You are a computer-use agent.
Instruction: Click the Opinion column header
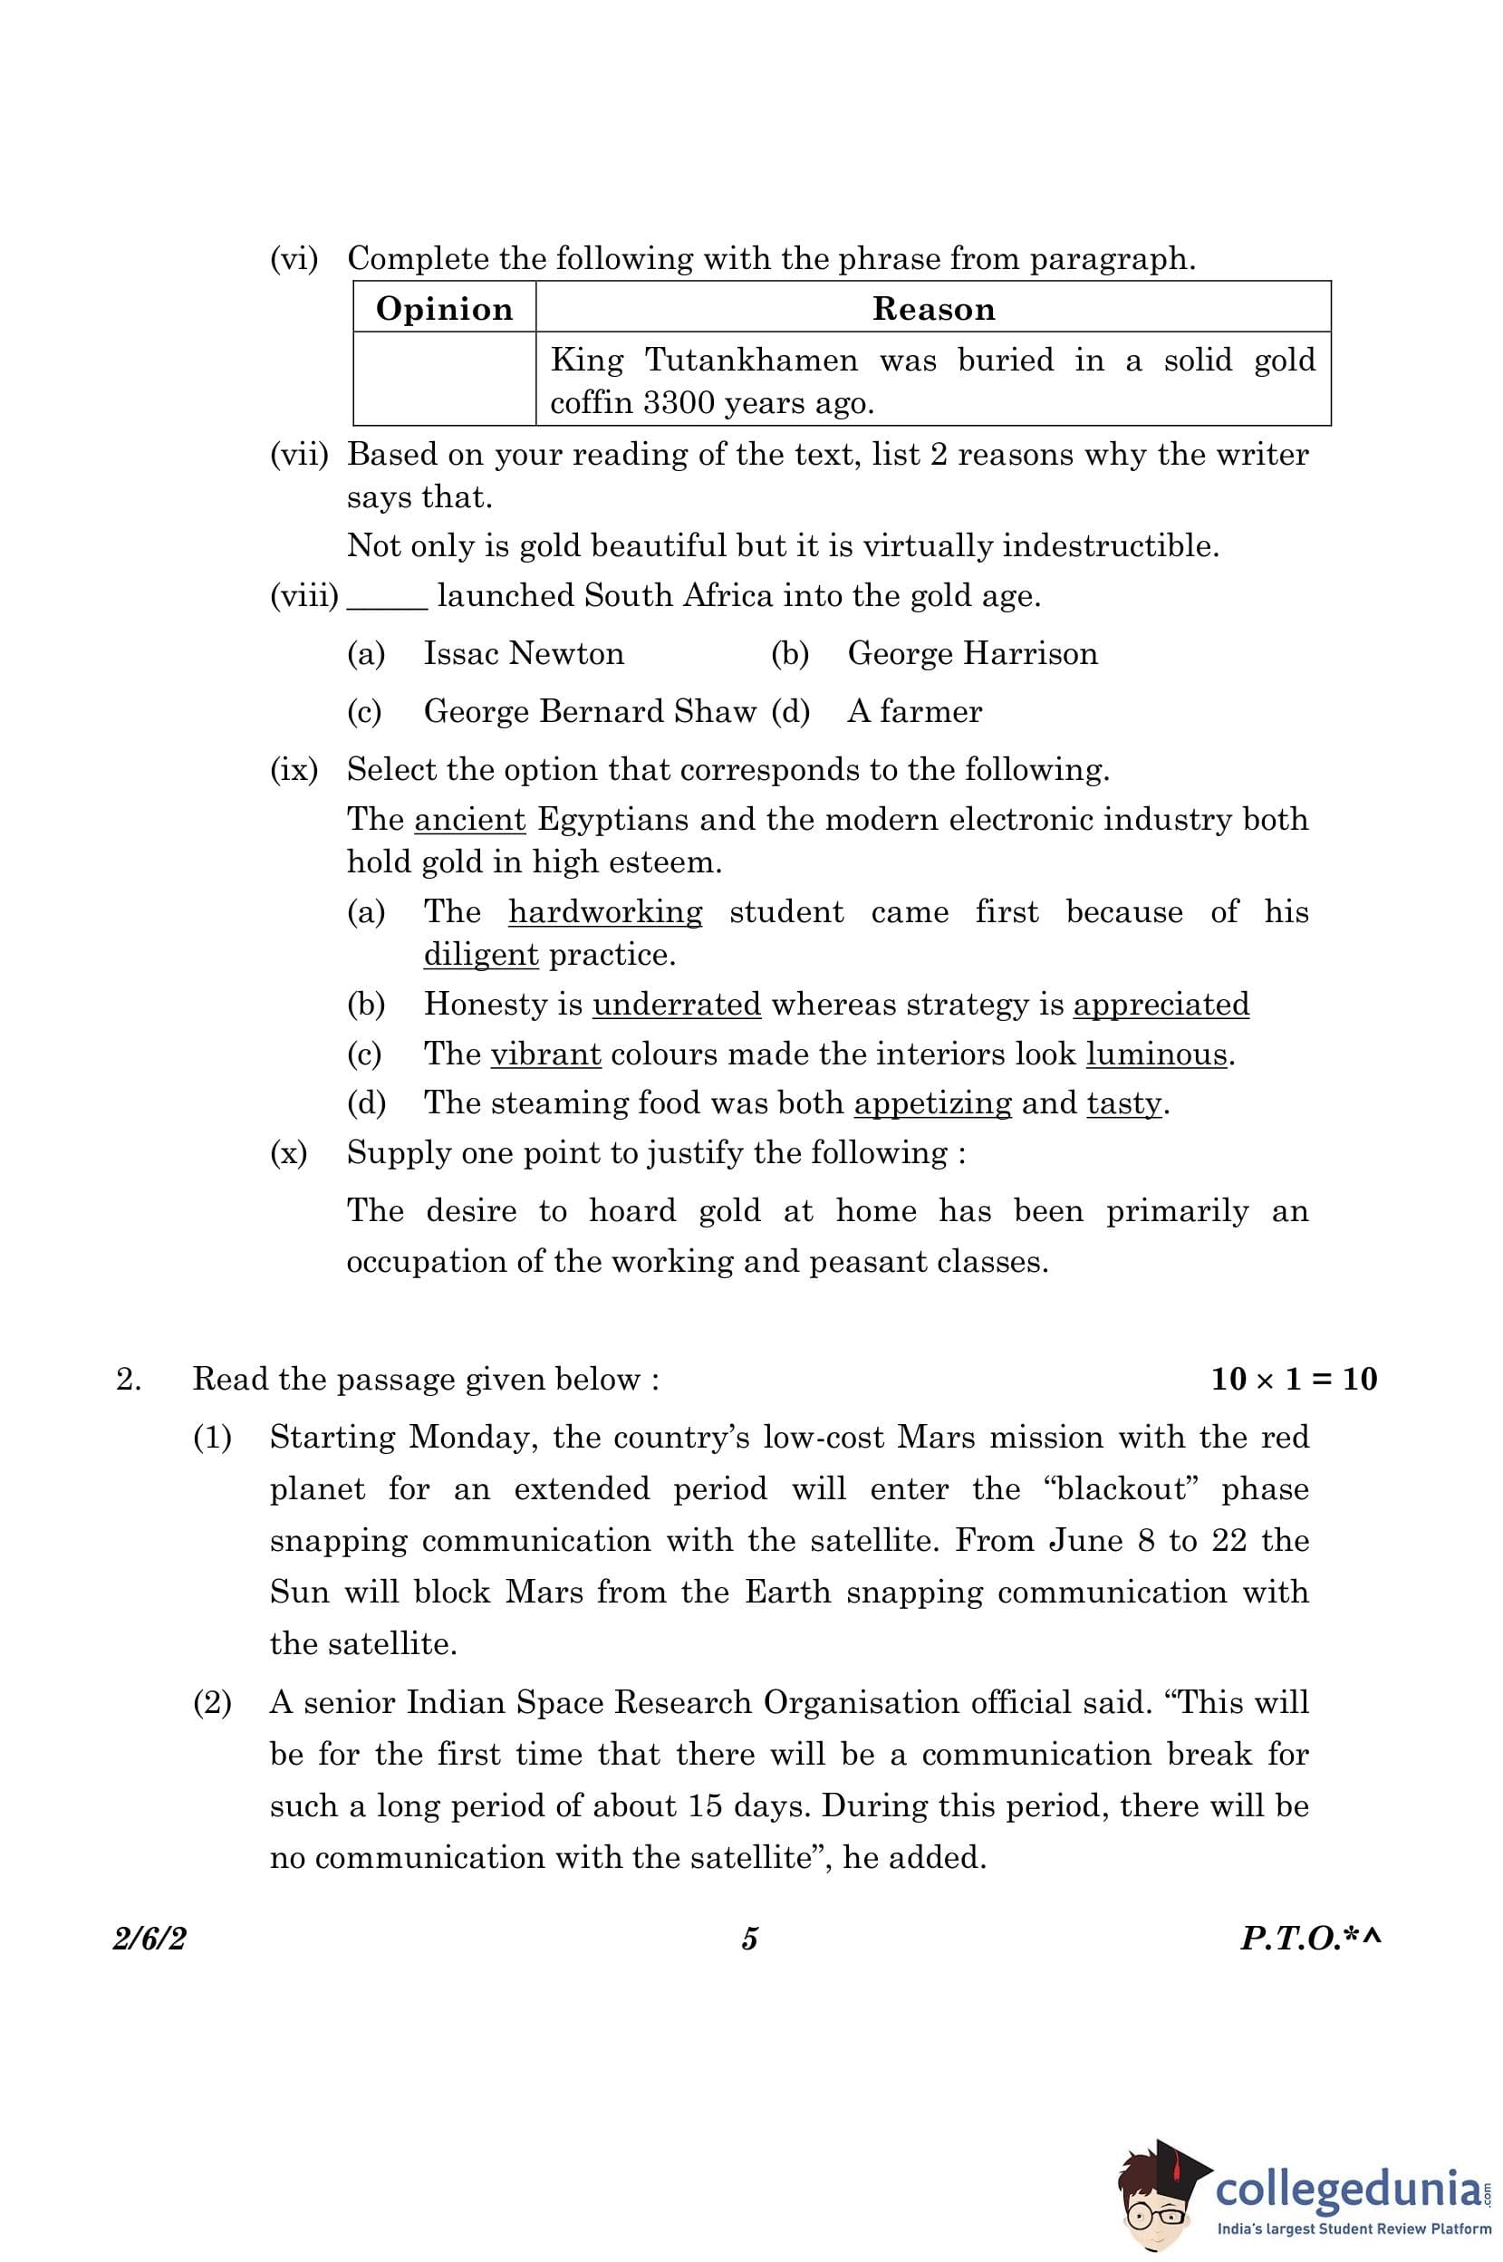(444, 309)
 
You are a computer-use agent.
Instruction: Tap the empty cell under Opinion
(444, 380)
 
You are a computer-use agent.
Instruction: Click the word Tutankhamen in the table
(752, 361)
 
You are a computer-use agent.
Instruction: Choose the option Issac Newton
(524, 654)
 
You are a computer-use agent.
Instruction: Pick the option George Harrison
(972, 654)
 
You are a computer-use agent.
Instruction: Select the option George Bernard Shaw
(590, 711)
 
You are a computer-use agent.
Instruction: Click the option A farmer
(914, 711)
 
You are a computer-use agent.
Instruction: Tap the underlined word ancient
(469, 820)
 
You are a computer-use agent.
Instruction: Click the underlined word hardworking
(605, 911)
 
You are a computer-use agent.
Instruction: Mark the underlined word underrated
(677, 1005)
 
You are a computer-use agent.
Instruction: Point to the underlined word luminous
(1156, 1054)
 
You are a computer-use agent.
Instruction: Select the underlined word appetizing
(932, 1103)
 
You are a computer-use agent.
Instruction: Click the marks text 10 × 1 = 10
(1294, 1380)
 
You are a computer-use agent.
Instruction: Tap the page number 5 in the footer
(749, 1939)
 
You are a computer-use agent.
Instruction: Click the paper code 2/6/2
(149, 1939)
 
